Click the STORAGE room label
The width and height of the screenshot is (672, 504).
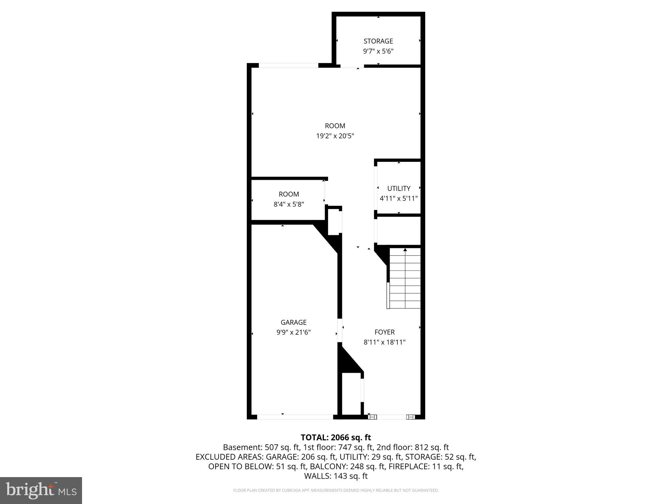(378, 41)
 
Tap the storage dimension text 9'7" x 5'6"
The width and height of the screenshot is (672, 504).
(378, 51)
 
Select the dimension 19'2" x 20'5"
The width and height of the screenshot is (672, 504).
(335, 136)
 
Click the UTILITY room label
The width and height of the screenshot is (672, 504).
(399, 188)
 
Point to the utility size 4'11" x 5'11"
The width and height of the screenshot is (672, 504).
(399, 199)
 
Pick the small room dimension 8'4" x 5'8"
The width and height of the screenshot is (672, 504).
(289, 204)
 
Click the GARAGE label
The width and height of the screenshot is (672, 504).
(293, 322)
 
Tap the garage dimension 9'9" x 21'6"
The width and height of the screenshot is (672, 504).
(293, 332)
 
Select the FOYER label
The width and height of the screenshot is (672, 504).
(385, 332)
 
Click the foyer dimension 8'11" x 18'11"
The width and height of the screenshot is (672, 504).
(385, 342)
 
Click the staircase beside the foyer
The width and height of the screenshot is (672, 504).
(405, 279)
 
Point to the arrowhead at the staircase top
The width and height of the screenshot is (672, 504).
(405, 250)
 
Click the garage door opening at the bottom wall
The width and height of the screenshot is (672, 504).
(295, 417)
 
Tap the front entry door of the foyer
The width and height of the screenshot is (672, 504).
(391, 417)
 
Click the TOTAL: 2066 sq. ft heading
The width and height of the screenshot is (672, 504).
(336, 437)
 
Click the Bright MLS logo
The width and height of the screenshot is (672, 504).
(41, 490)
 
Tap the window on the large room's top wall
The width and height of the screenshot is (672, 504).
(288, 65)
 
